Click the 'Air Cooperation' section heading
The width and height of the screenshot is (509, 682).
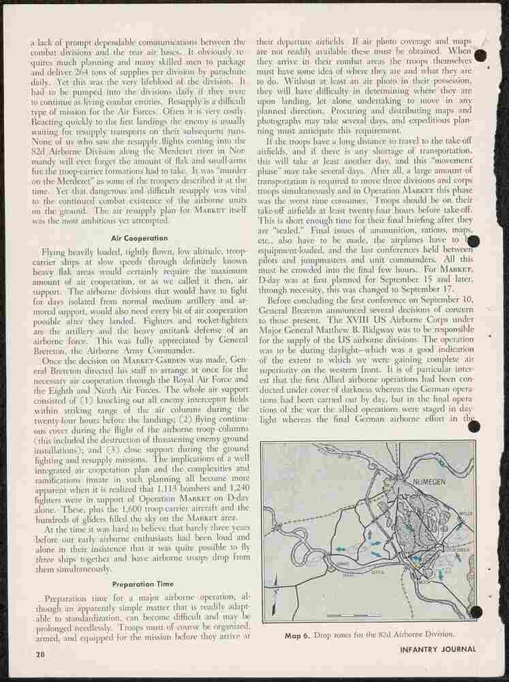140,238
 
